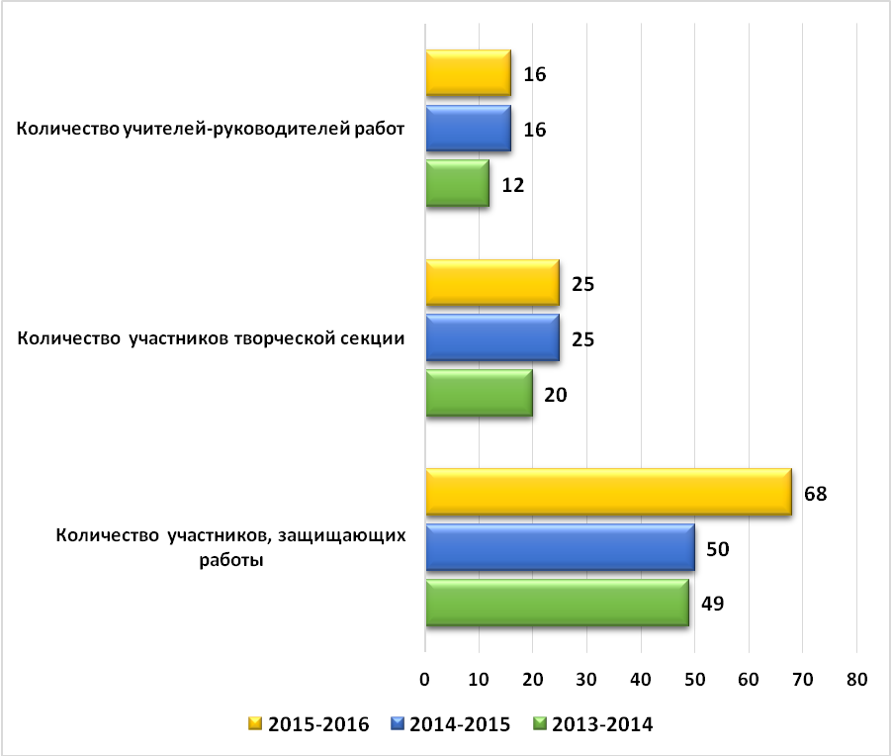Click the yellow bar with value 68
tap(608, 492)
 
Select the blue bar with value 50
tap(561, 547)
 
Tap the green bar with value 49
tap(558, 603)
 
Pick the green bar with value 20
tap(479, 393)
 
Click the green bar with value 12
tap(458, 183)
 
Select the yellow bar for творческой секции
tap(492, 282)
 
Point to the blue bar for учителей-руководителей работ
tap(468, 129)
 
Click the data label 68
tap(816, 494)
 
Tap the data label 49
tap(713, 603)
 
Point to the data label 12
tap(512, 185)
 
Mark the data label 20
tap(555, 395)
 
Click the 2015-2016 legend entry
tap(309, 724)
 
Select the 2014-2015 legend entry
tap(451, 724)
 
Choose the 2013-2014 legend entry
tap(593, 724)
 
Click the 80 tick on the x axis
tap(857, 679)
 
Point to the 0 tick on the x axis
tap(424, 679)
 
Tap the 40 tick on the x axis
tap(641, 679)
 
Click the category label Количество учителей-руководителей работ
tap(211, 129)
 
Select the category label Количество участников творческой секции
tap(211, 338)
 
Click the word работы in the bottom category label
tap(231, 560)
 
